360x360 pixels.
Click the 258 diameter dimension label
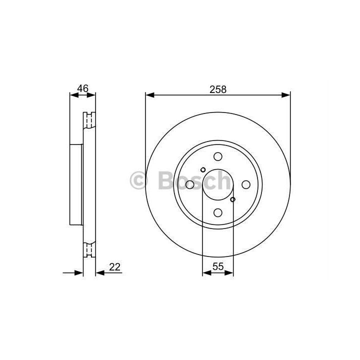pyautogui.click(x=218, y=89)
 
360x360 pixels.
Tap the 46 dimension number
pyautogui.click(x=83, y=88)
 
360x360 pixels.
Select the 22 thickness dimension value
pyautogui.click(x=115, y=267)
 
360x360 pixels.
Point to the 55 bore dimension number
pyautogui.click(x=218, y=266)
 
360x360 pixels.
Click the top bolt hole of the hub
pyautogui.click(x=218, y=156)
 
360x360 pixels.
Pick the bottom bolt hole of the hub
pyautogui.click(x=218, y=212)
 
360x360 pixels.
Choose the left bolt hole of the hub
pyautogui.click(x=190, y=184)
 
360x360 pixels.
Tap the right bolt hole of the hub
pyautogui.click(x=246, y=184)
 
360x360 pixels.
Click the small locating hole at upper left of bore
pyautogui.click(x=203, y=170)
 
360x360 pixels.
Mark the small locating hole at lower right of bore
pyautogui.click(x=232, y=199)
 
